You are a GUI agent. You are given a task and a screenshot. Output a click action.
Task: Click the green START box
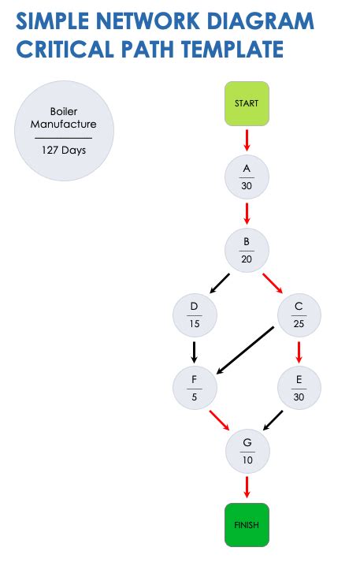tap(247, 103)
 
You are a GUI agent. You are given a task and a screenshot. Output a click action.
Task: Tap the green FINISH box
tap(247, 524)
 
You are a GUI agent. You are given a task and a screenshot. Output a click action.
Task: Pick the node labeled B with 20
tap(247, 250)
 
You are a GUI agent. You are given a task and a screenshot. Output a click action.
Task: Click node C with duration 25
tap(299, 315)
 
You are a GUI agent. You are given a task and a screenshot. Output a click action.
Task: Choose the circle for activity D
tap(195, 315)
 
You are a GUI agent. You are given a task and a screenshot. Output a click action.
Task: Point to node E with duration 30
tap(299, 388)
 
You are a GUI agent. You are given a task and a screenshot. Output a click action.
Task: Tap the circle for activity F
tap(195, 388)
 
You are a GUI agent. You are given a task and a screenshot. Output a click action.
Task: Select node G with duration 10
tap(247, 451)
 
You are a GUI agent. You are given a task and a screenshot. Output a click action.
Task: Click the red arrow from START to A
tap(247, 140)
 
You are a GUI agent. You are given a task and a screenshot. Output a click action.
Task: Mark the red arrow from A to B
tap(247, 213)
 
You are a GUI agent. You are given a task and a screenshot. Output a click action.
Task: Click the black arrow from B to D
tap(220, 283)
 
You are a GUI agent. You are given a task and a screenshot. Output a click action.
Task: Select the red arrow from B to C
tap(273, 283)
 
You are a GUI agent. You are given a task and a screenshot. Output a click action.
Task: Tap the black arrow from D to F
tap(194, 351)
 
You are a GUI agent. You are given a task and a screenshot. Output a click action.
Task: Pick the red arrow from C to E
tap(299, 351)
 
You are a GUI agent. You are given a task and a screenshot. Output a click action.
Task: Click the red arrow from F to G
tap(219, 420)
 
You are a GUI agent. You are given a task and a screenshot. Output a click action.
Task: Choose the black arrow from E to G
tap(273, 419)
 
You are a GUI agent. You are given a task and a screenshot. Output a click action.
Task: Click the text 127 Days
tap(64, 150)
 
